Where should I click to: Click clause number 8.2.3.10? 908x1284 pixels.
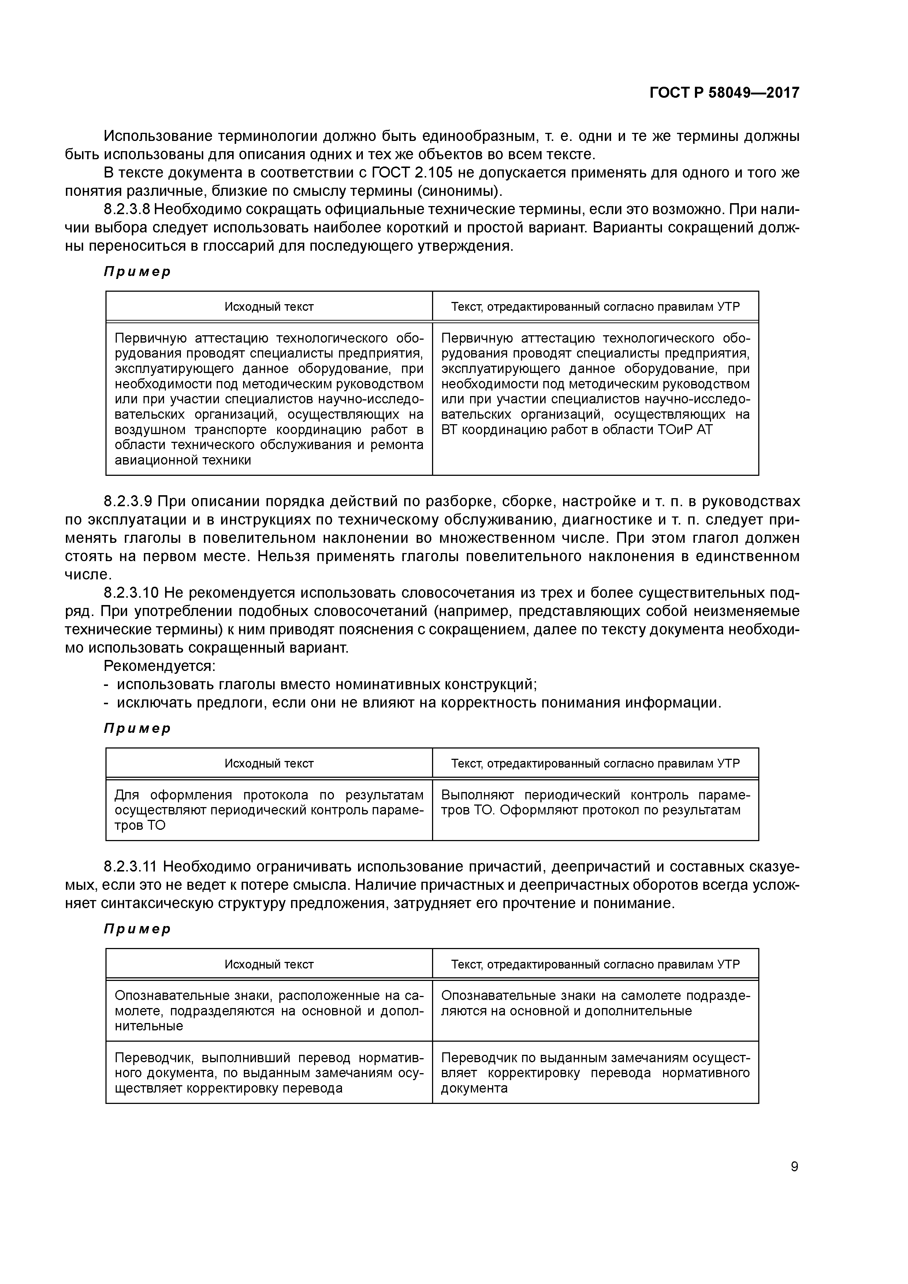pos(131,593)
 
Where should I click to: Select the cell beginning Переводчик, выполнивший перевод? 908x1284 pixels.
pos(268,1073)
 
